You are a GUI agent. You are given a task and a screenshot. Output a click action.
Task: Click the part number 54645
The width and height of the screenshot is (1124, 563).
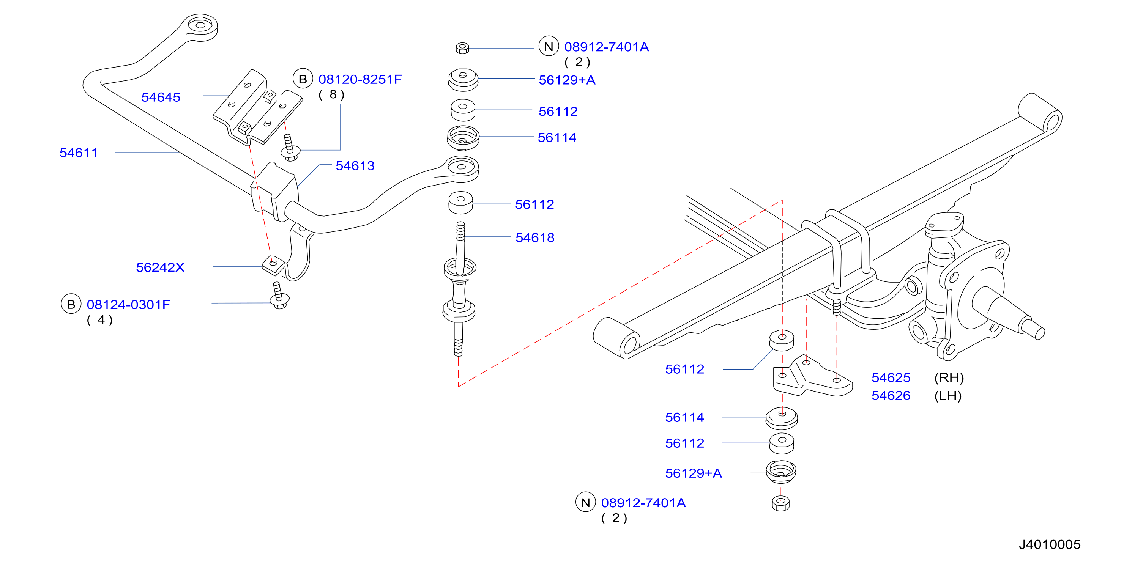pos(161,97)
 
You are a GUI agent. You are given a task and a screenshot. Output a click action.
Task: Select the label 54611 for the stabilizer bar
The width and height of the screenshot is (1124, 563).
pos(79,153)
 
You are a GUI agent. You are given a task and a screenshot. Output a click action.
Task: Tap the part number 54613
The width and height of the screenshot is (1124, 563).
pos(355,166)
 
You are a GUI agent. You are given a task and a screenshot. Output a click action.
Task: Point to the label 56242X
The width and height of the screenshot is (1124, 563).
pos(160,267)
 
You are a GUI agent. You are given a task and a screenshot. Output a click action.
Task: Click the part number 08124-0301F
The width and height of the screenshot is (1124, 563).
pos(128,304)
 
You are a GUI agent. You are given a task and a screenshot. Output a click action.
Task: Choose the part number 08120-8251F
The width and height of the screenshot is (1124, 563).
pos(360,79)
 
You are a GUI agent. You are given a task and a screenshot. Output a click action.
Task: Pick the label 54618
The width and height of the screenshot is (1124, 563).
pos(535,237)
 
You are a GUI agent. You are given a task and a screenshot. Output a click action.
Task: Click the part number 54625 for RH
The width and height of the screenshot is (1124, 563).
pos(891,377)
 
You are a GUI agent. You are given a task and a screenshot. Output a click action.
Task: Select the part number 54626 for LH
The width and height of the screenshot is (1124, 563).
pos(891,396)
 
